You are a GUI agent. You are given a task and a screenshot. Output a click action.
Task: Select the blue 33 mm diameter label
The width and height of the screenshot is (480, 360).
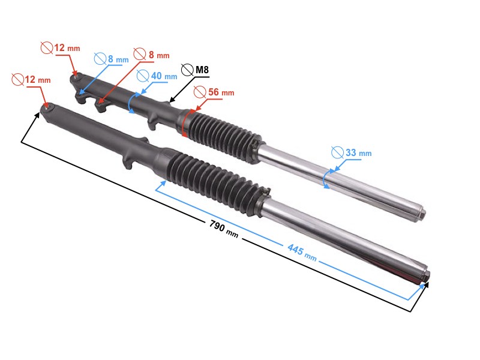click(x=358, y=153)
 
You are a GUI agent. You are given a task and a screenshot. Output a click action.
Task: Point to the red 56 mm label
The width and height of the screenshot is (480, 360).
click(x=220, y=92)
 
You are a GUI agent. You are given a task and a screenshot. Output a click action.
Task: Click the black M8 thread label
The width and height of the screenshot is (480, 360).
click(x=202, y=71)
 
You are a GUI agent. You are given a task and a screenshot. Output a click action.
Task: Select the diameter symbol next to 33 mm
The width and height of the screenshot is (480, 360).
click(x=337, y=152)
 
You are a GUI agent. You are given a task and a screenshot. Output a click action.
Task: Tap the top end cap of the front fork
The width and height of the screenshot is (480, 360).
click(x=425, y=277)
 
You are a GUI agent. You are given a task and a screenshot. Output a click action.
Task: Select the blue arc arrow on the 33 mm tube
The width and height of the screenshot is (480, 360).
click(x=325, y=179)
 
